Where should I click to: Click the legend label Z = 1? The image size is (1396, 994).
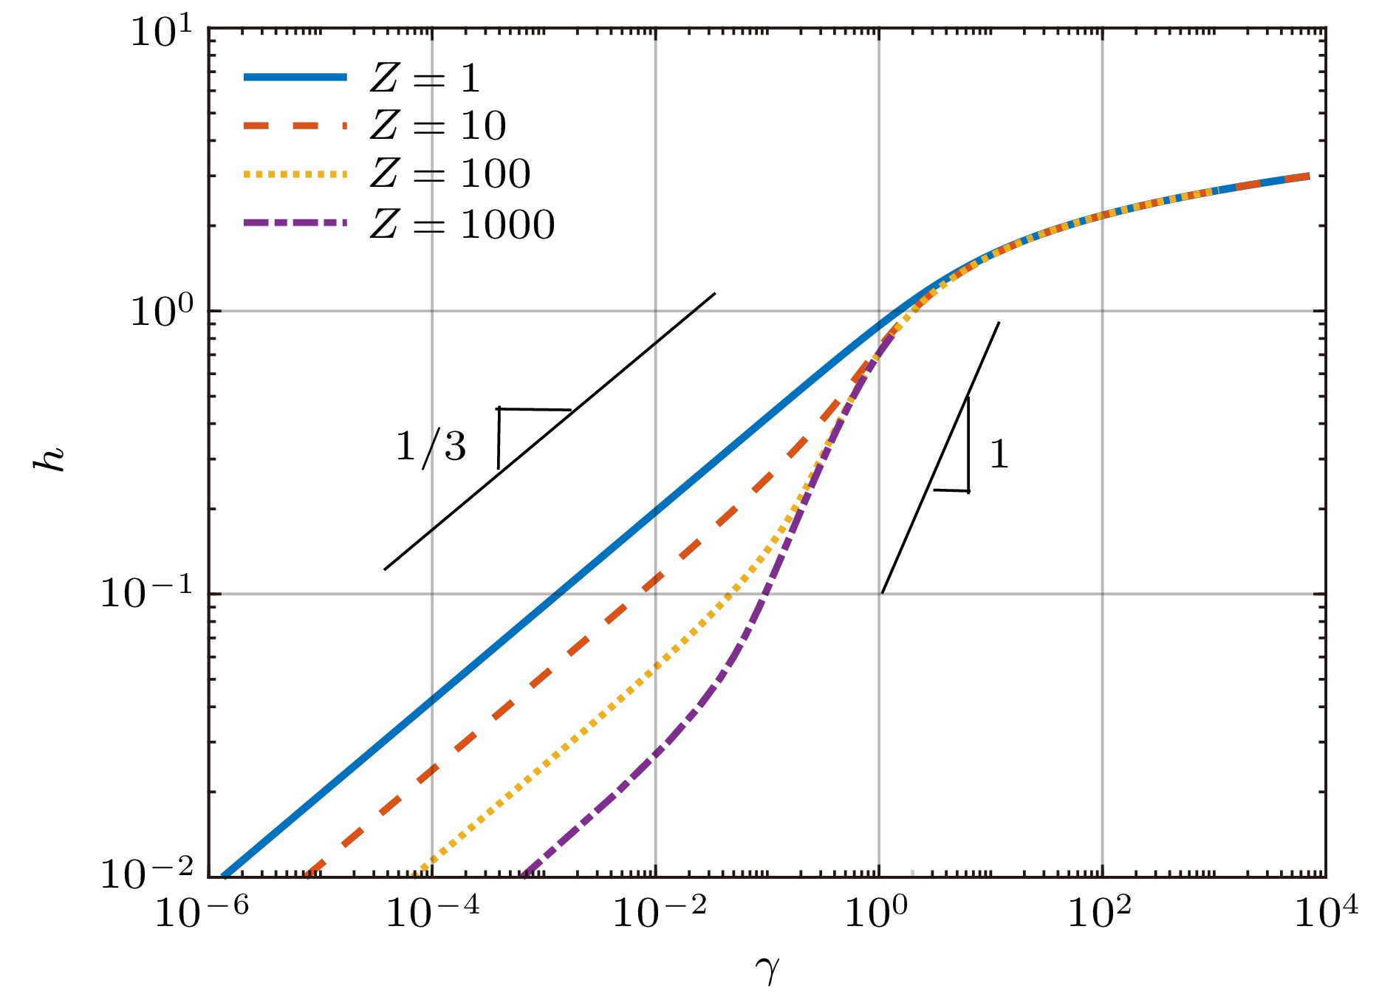[425, 78]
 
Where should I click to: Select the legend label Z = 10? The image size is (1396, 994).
[437, 126]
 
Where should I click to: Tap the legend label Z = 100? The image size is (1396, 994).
[450, 174]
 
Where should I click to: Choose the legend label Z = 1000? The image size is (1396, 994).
[462, 224]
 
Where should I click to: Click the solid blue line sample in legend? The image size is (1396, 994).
[295, 77]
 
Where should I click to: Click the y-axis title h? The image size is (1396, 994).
[50, 459]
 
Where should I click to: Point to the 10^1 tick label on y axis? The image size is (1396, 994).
[160, 32]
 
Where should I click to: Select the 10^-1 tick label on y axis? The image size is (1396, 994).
[146, 593]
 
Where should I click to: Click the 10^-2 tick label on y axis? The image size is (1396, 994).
[146, 874]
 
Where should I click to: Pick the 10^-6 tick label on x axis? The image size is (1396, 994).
[201, 914]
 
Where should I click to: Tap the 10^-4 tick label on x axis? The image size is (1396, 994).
[432, 914]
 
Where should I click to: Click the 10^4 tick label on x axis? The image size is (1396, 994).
[1327, 914]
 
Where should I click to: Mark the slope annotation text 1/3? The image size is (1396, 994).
[431, 447]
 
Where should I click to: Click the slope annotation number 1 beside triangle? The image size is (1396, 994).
[999, 453]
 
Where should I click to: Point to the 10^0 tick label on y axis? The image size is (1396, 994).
[160, 312]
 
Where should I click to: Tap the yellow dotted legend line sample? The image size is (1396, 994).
[295, 174]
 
